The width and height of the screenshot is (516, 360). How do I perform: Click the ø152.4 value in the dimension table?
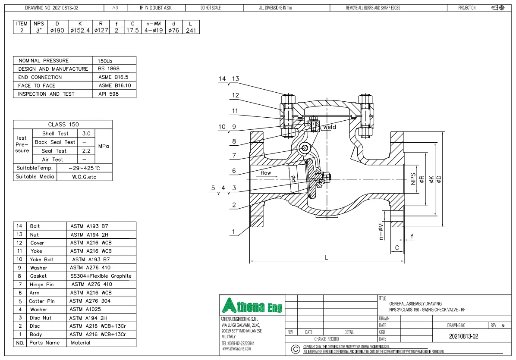point(80,31)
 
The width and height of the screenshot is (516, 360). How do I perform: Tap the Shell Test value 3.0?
point(86,134)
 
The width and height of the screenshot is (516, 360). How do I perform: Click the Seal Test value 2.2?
point(86,151)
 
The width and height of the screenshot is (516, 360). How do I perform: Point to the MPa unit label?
point(104,146)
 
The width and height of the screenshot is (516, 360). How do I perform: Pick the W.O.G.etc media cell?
point(84,177)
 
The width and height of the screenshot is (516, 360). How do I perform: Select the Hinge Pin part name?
point(41,285)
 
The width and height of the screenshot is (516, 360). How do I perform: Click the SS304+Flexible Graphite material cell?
point(101,276)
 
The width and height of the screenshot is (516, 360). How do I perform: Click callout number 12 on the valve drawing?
point(235,95)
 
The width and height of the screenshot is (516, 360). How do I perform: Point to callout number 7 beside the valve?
point(234,155)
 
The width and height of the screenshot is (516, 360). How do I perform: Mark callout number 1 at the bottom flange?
point(234,232)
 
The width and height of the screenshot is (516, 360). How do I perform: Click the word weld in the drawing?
point(330,127)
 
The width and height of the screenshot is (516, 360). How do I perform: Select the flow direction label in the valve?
point(266,173)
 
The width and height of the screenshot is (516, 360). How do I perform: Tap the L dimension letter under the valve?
point(326,257)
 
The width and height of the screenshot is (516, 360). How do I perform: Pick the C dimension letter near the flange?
point(397,248)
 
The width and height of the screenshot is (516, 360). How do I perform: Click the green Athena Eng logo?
point(252,306)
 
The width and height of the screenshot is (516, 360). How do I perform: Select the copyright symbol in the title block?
point(295,349)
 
